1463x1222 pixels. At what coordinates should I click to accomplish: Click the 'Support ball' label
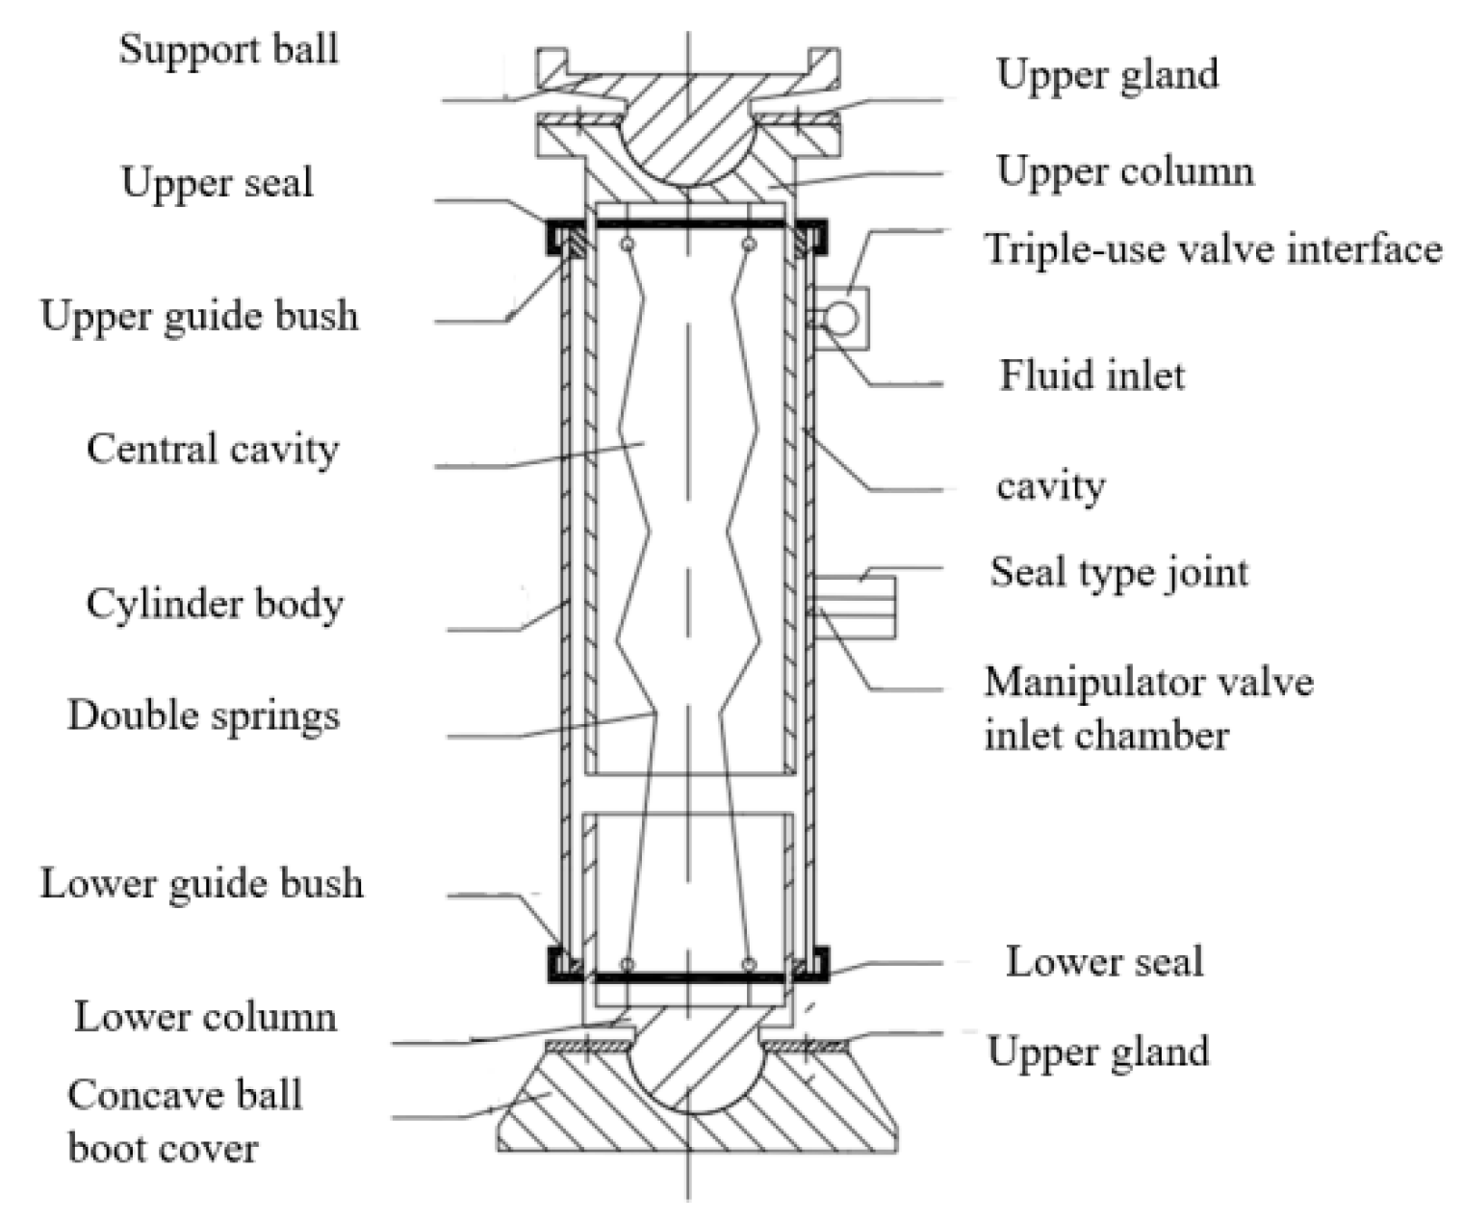point(228,49)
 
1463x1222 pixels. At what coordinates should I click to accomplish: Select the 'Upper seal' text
point(217,182)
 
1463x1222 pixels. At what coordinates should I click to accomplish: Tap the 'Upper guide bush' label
point(199,316)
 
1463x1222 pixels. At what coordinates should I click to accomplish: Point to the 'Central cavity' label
point(212,449)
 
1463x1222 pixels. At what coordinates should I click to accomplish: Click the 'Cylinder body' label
point(215,604)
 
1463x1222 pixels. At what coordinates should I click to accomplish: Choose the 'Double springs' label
point(203,715)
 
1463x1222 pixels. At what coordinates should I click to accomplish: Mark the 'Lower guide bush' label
point(201,883)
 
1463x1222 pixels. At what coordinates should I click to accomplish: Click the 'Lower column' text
point(205,1017)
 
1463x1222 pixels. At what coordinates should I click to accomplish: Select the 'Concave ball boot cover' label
point(184,1121)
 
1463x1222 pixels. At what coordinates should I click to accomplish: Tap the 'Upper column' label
point(1124,171)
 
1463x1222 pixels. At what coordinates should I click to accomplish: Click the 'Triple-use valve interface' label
point(1213,248)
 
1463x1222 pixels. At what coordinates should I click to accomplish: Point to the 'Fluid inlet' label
point(1091,375)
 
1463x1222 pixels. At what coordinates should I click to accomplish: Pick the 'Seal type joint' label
point(1118,572)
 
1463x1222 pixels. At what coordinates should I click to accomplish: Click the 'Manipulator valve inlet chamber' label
point(1147,708)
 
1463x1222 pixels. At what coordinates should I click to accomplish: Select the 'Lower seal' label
point(1104,961)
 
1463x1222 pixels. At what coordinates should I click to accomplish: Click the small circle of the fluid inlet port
point(840,318)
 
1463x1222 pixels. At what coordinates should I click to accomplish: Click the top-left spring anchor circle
point(628,245)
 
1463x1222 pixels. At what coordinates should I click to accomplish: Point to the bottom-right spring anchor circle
point(749,964)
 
